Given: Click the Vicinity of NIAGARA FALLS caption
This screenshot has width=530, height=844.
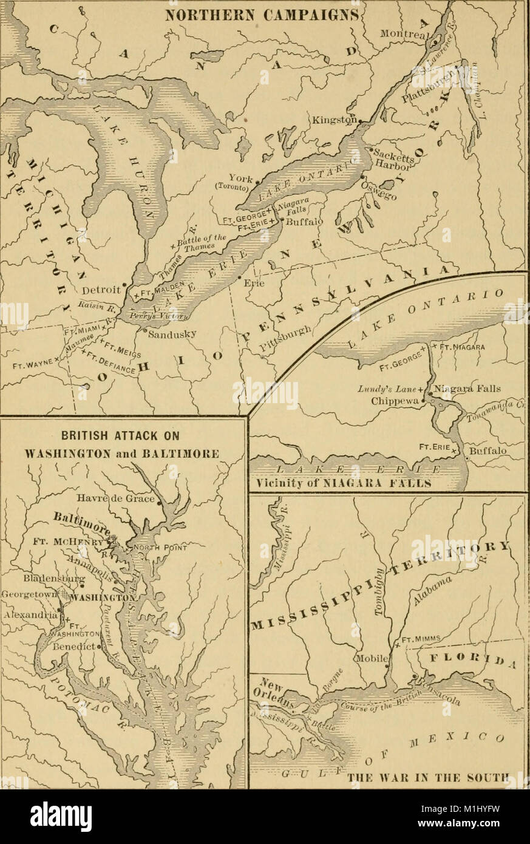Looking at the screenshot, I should point(341,485).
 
